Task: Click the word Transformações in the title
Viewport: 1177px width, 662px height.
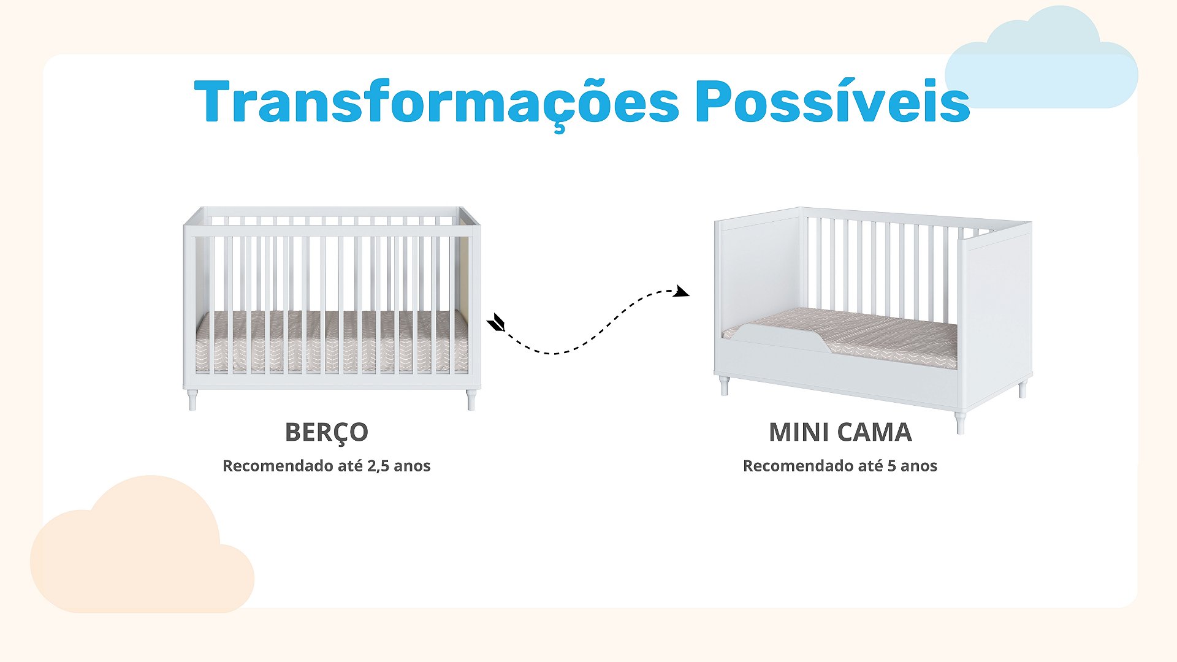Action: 436,103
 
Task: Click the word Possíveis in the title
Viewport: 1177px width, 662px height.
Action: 832,100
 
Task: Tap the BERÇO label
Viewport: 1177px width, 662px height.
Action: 327,433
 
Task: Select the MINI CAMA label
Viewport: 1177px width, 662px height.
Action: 840,432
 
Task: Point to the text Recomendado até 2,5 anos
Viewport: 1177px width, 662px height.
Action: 327,466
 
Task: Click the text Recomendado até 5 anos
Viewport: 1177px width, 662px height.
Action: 840,466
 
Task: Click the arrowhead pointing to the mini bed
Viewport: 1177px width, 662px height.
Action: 682,291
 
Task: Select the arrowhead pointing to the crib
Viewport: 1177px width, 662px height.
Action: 495,322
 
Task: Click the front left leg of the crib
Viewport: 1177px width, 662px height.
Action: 192,400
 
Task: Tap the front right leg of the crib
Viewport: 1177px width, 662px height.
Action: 471,400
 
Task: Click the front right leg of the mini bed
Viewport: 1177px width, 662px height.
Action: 960,422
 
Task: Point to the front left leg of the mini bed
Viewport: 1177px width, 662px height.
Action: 724,386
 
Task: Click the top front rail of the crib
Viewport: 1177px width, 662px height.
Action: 332,231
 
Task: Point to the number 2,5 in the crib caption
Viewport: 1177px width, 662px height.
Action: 378,466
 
